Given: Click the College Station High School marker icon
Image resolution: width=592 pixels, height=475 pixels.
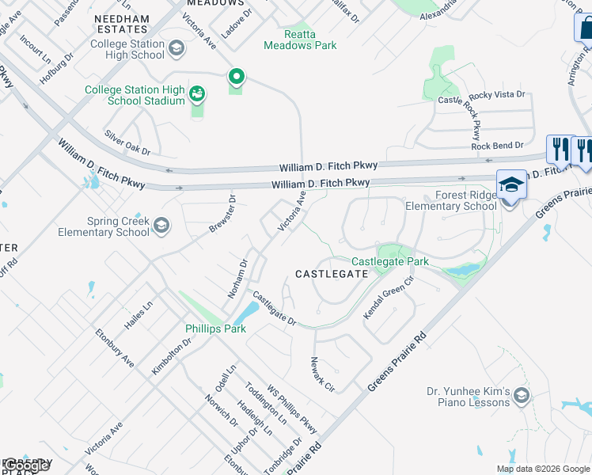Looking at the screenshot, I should [x=176, y=49].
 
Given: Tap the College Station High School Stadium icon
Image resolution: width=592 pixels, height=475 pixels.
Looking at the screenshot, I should [x=196, y=95].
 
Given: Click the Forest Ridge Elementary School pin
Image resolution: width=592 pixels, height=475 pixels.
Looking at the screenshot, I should [x=510, y=185].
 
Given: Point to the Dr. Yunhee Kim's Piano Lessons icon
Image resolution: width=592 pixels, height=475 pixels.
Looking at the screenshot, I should [x=521, y=394].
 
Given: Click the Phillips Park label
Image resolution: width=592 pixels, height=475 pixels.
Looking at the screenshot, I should [x=215, y=329].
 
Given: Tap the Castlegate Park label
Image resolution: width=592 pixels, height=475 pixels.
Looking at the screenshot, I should [x=389, y=261].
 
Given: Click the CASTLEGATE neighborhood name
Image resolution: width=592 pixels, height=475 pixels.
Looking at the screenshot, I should [x=331, y=274].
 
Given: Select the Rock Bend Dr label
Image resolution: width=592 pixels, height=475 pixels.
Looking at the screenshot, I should [x=497, y=146].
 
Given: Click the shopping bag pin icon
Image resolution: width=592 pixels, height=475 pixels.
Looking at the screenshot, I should [x=585, y=28].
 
